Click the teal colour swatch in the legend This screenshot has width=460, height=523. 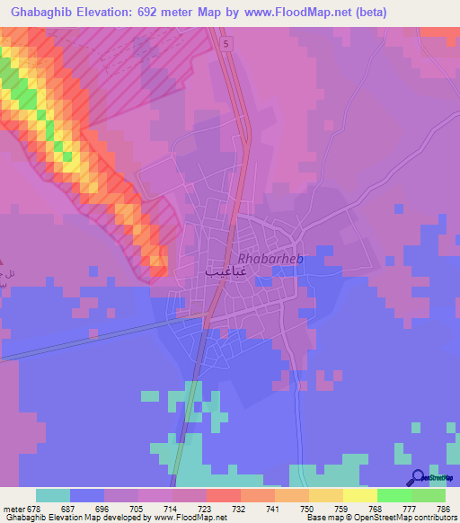tap(52, 495)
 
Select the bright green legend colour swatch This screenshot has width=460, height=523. tap(394, 495)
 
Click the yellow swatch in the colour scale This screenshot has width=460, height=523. tap(359, 495)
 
